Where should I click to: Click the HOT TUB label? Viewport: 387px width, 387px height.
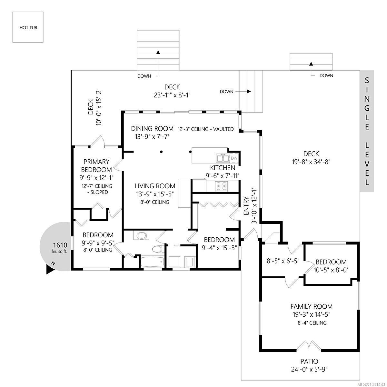point(28,27)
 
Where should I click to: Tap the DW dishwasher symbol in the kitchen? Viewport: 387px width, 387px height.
point(234,158)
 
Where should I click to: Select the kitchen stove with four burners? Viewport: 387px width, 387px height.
point(221,186)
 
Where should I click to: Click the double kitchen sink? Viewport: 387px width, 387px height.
point(223,158)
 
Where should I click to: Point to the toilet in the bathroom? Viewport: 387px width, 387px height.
point(158,249)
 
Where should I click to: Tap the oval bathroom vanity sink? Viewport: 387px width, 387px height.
point(141,235)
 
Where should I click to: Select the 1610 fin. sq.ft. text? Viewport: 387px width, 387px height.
point(60,247)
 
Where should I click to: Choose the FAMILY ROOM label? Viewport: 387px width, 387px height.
point(312,306)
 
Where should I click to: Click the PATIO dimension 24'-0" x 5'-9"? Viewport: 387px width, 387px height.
point(309,370)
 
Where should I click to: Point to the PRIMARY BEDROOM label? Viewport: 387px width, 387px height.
point(97,166)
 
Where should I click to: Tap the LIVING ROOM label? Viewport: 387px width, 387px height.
point(155,186)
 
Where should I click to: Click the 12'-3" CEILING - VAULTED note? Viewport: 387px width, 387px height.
point(206,129)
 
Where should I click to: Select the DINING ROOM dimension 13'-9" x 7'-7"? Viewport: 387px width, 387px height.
point(152,137)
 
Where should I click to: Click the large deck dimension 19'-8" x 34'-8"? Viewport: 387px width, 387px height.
point(311,162)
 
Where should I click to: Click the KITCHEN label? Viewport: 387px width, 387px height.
point(223,168)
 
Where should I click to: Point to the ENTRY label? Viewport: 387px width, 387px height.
point(246,206)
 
